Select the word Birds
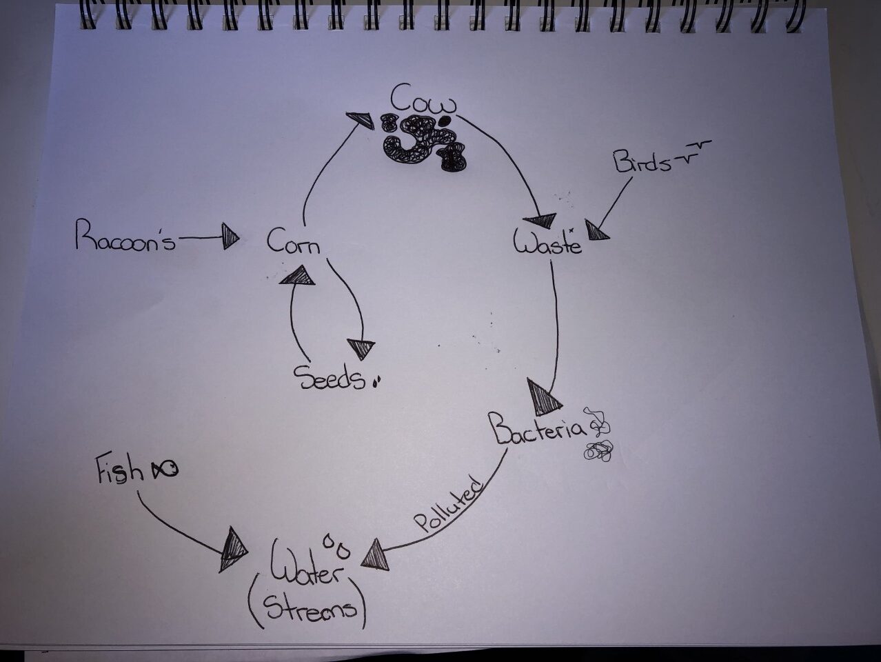click(642, 163)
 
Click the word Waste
click(547, 243)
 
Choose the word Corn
click(294, 243)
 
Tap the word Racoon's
click(125, 238)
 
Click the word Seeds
click(329, 378)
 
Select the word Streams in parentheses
click(308, 608)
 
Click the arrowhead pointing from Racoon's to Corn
click(231, 238)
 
